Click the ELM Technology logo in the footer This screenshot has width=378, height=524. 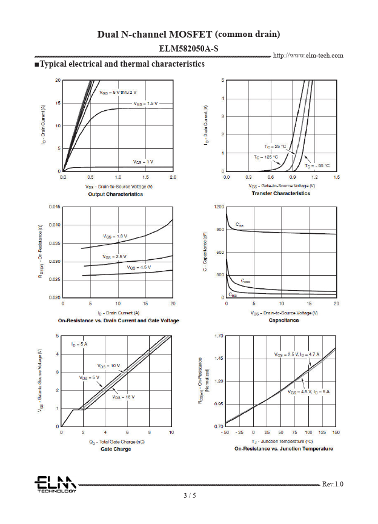[55, 484]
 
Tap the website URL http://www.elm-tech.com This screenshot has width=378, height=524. [308, 55]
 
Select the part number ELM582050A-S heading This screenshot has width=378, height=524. [188, 47]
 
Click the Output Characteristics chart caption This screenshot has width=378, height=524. [116, 194]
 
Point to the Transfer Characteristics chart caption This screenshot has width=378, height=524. [280, 193]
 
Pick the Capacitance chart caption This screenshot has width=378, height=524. [283, 320]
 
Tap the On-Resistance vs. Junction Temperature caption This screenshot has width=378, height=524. [283, 449]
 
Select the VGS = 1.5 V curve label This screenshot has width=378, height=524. [145, 104]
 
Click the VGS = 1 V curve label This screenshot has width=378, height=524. [144, 162]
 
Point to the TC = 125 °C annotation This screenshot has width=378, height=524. [266, 157]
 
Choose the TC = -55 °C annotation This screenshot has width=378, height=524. [317, 165]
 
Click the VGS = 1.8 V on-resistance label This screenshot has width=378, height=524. [114, 236]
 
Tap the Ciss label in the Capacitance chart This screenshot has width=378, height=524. [240, 225]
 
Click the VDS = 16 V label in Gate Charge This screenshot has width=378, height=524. [123, 397]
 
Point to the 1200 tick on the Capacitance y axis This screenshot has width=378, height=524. [219, 207]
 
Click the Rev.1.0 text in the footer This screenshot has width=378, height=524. [333, 484]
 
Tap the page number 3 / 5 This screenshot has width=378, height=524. [190, 496]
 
